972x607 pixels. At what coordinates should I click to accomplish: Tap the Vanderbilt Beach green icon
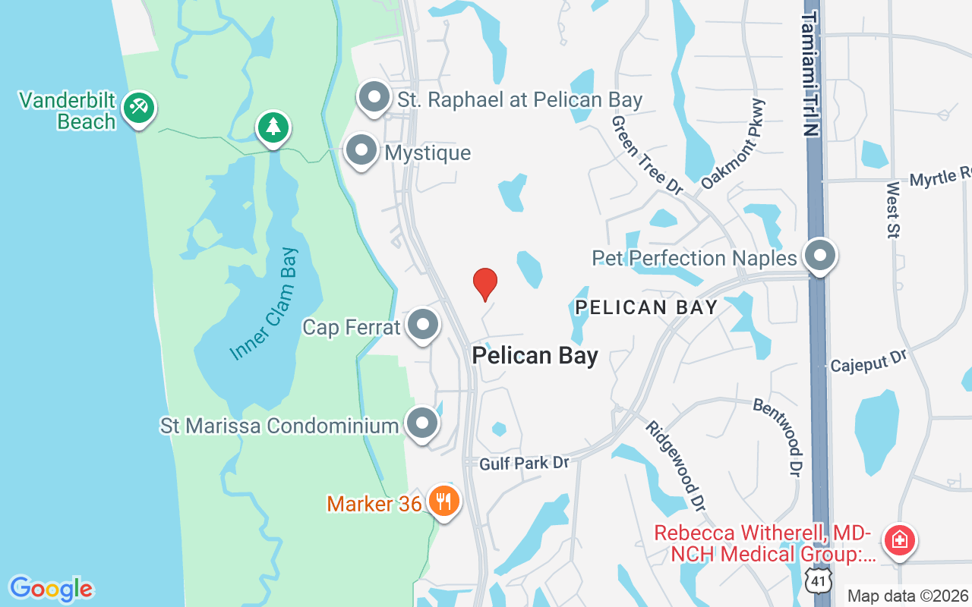(x=138, y=108)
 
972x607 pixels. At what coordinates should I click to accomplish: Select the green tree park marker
(x=273, y=127)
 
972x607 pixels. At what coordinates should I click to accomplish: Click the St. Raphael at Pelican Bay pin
(x=374, y=98)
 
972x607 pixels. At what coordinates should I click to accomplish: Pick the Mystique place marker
(x=361, y=150)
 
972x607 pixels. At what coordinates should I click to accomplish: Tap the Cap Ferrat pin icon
(x=423, y=326)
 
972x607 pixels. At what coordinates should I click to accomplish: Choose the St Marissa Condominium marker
(x=422, y=424)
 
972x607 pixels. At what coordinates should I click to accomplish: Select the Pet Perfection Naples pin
(x=820, y=256)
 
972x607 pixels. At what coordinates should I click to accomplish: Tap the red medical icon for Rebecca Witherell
(x=900, y=541)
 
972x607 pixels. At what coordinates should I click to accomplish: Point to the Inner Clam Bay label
(x=264, y=303)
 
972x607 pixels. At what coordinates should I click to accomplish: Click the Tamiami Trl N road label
(x=812, y=74)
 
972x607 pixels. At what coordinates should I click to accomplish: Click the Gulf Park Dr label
(x=524, y=461)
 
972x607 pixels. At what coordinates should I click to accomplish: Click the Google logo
(x=51, y=589)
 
